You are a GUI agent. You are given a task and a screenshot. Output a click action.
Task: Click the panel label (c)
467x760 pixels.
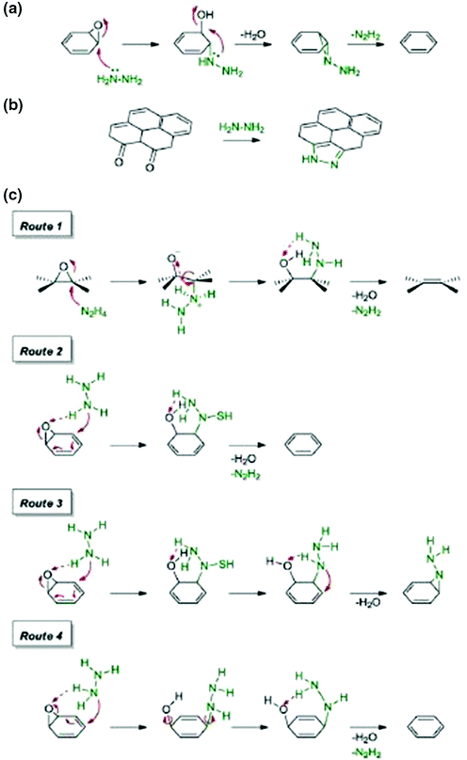tap(16, 197)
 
